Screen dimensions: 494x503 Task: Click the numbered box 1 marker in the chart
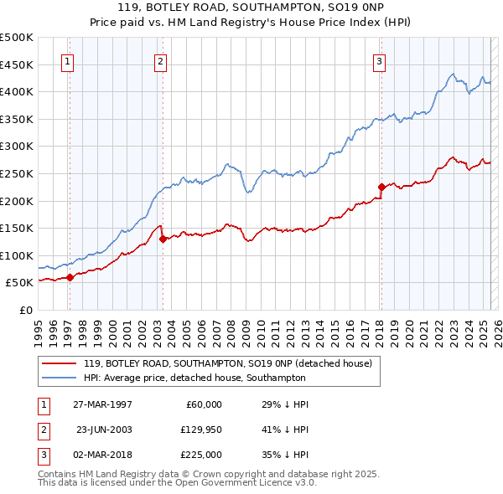pos(66,60)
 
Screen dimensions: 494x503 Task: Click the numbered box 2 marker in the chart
pos(159,60)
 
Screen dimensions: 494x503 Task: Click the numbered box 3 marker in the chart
pos(379,60)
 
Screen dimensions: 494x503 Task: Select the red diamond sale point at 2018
pos(381,187)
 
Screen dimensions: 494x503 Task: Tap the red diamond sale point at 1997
pos(70,279)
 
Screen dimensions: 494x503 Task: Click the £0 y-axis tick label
pos(25,311)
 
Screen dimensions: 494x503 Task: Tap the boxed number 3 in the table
pos(41,455)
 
